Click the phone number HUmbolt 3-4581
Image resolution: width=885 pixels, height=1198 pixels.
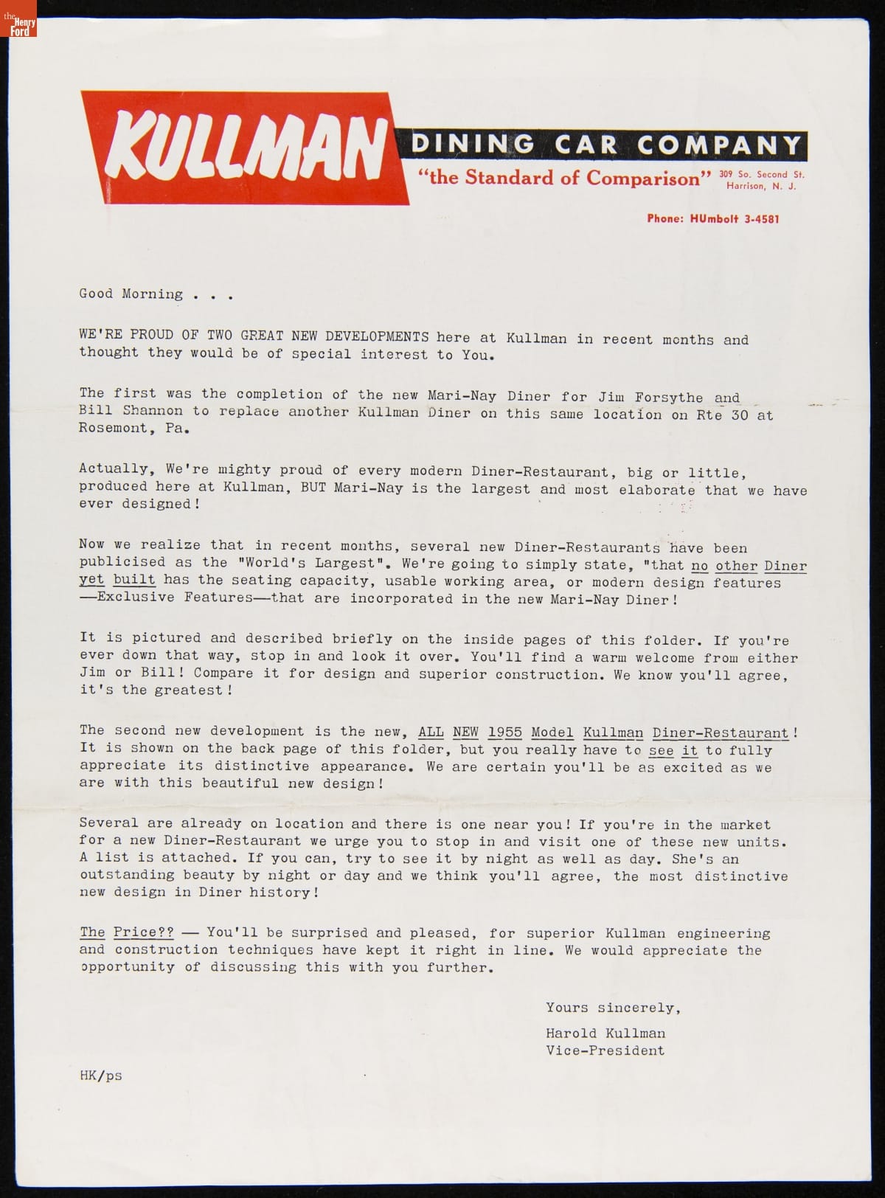tap(713, 218)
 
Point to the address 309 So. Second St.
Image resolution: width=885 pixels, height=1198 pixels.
tap(762, 174)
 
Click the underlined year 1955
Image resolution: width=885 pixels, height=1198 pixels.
tap(504, 733)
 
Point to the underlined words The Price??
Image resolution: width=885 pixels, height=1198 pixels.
tap(126, 932)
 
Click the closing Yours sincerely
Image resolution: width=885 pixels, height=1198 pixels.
tap(613, 1008)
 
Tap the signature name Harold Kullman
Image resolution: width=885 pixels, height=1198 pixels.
tap(605, 1033)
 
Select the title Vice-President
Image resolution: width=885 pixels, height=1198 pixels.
tap(605, 1050)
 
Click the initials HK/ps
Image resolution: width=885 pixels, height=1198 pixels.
tap(100, 1076)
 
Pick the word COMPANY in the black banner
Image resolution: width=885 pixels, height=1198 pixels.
tap(718, 144)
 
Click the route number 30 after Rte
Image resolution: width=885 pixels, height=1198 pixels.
tap(740, 415)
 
